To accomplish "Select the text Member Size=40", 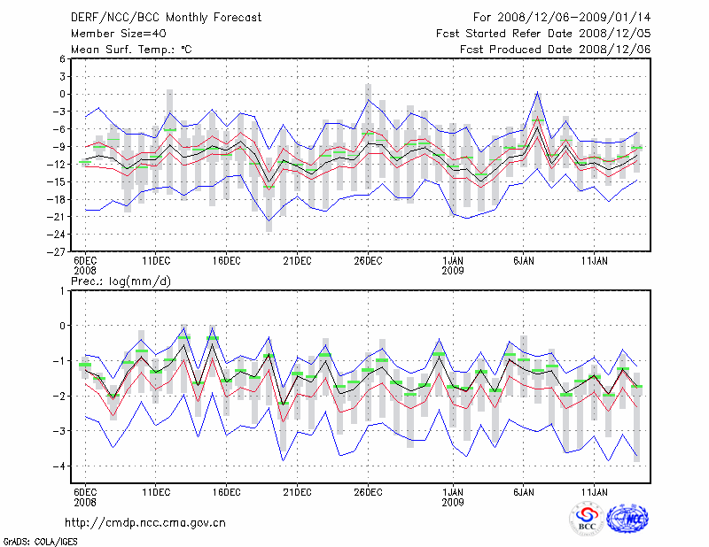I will (113, 34).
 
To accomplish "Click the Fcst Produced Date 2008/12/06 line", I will (556, 50).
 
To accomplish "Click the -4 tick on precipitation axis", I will (60, 466).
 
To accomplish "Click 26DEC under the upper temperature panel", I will (368, 260).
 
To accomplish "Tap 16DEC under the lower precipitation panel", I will (226, 492).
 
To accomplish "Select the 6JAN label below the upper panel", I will (523, 260).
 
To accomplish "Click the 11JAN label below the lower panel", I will (594, 492).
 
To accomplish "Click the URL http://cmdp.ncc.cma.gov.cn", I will (145, 522).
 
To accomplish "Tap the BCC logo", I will (588, 519).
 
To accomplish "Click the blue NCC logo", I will (627, 519).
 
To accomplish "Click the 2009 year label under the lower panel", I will (453, 502).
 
